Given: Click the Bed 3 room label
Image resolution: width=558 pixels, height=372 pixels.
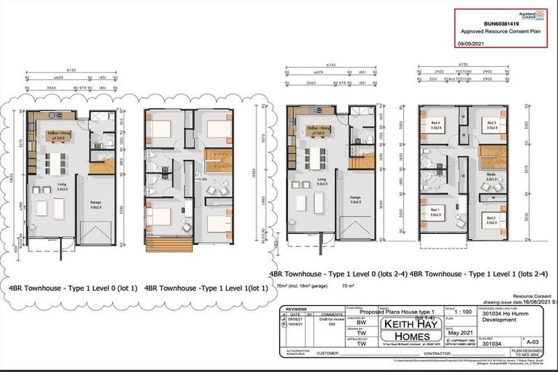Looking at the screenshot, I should (x=491, y=124).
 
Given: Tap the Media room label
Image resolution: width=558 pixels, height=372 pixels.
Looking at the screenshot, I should (x=491, y=176).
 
